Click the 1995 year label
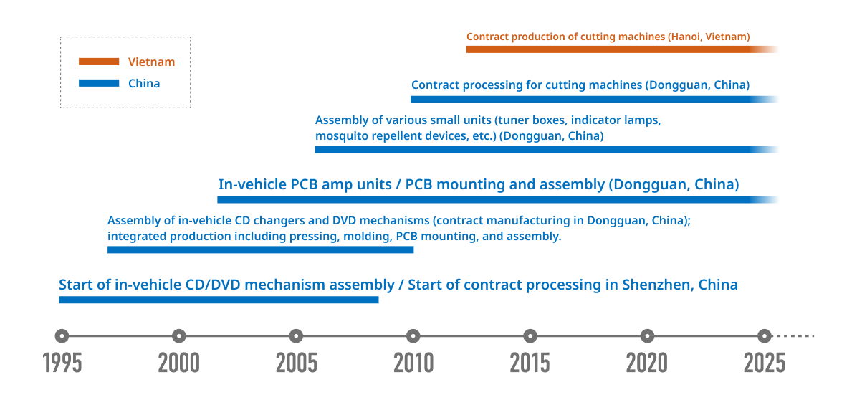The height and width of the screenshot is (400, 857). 63,363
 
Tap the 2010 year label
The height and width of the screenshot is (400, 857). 413,363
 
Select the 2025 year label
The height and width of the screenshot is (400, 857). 765,363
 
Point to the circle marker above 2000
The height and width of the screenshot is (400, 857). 178,335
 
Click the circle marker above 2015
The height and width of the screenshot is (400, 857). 530,335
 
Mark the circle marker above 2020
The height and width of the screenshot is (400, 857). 647,335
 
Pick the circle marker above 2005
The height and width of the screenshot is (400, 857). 296,335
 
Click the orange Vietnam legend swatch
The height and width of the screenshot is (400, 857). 99,62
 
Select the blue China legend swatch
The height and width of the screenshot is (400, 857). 99,83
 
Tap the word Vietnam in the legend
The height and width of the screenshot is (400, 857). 151,62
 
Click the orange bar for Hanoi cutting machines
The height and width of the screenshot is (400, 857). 622,49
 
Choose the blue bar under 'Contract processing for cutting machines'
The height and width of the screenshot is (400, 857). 594,100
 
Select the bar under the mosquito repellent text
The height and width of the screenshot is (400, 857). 547,149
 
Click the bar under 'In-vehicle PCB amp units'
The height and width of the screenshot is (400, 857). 497,199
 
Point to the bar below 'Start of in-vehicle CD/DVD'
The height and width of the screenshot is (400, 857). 219,300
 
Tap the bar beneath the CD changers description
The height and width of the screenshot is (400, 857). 260,249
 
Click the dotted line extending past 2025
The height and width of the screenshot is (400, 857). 796,335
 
